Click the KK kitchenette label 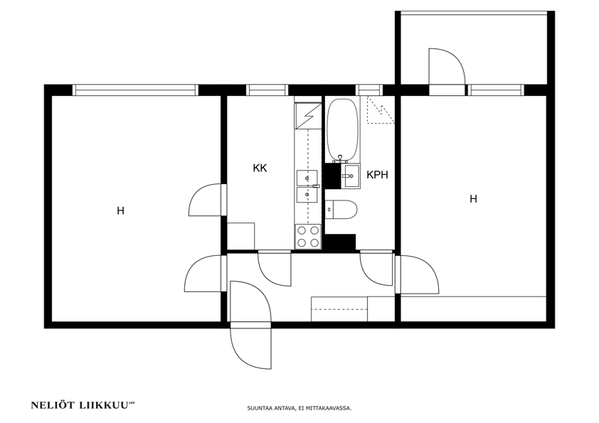click(x=260, y=168)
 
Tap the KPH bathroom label click(x=378, y=175)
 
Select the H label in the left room click(x=121, y=210)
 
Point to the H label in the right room click(x=473, y=199)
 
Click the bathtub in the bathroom click(x=342, y=130)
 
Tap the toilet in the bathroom click(x=341, y=210)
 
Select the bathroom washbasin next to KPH click(x=351, y=176)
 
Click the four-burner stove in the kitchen click(x=308, y=237)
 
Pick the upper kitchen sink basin click(x=307, y=177)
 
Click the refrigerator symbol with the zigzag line click(x=308, y=116)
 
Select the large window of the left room click(x=135, y=90)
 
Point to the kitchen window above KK click(x=267, y=90)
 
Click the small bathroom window click(x=369, y=90)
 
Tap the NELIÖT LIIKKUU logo click(x=83, y=405)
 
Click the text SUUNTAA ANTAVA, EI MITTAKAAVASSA click(x=299, y=408)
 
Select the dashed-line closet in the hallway click(x=339, y=309)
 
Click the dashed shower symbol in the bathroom click(x=381, y=109)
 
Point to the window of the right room click(x=496, y=90)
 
